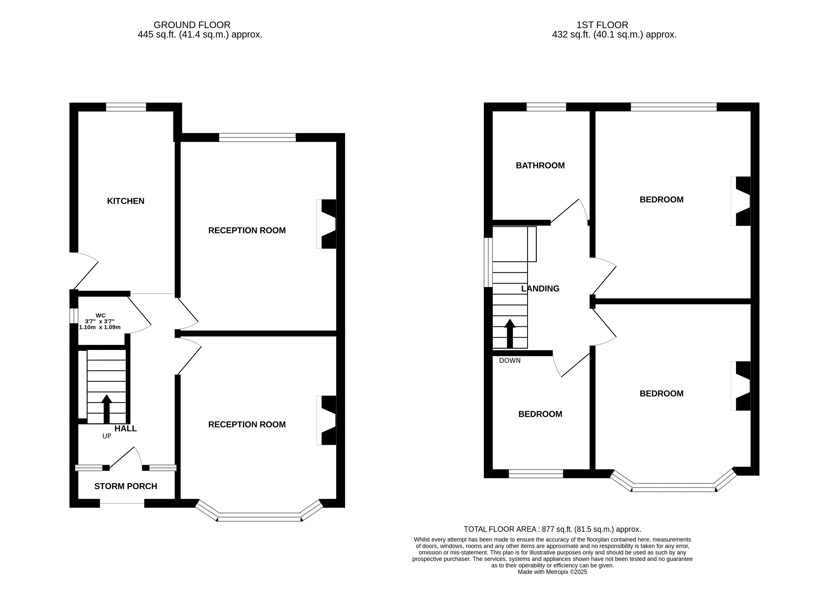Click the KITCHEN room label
[x=126, y=201]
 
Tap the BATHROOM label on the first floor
[x=540, y=166]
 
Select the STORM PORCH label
[x=126, y=486]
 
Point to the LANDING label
[x=540, y=289]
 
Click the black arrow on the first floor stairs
[x=510, y=333]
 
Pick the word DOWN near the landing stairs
[x=510, y=361]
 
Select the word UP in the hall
[x=107, y=436]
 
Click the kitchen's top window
[x=126, y=107]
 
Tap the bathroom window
[x=547, y=107]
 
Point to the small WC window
[x=74, y=316]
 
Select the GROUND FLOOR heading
[x=192, y=25]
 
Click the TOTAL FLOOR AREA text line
[x=552, y=529]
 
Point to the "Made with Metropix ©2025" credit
[x=552, y=572]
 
